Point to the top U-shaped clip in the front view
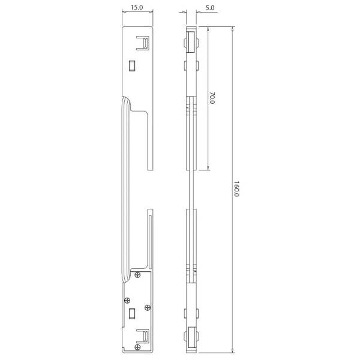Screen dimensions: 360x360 tap(143, 43)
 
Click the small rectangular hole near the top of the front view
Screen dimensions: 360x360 tap(133, 65)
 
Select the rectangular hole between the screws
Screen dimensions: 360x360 tap(133, 312)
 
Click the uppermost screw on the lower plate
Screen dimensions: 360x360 tap(139, 275)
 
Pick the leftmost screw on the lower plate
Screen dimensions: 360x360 tap(127, 300)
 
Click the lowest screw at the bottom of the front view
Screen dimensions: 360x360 tap(139, 346)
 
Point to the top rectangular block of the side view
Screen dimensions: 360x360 tap(190, 42)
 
